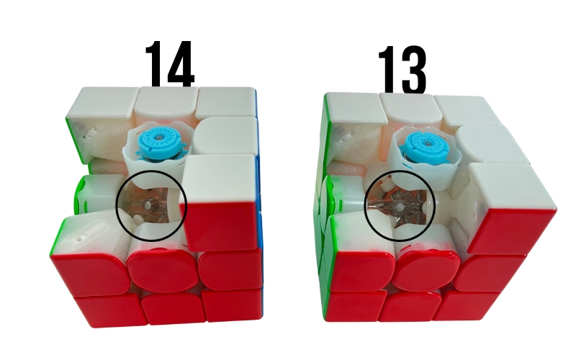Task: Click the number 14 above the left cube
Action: pos(169,63)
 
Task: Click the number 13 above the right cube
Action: pos(402,69)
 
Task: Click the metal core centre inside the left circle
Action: pos(148,205)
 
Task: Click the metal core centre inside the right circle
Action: pos(399,207)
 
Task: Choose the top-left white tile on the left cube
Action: pos(103,104)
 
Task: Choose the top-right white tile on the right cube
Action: pos(464,109)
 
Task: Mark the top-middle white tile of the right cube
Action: pos(408,107)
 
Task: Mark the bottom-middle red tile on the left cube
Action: pos(173,309)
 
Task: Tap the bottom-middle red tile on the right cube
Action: pos(410,306)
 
